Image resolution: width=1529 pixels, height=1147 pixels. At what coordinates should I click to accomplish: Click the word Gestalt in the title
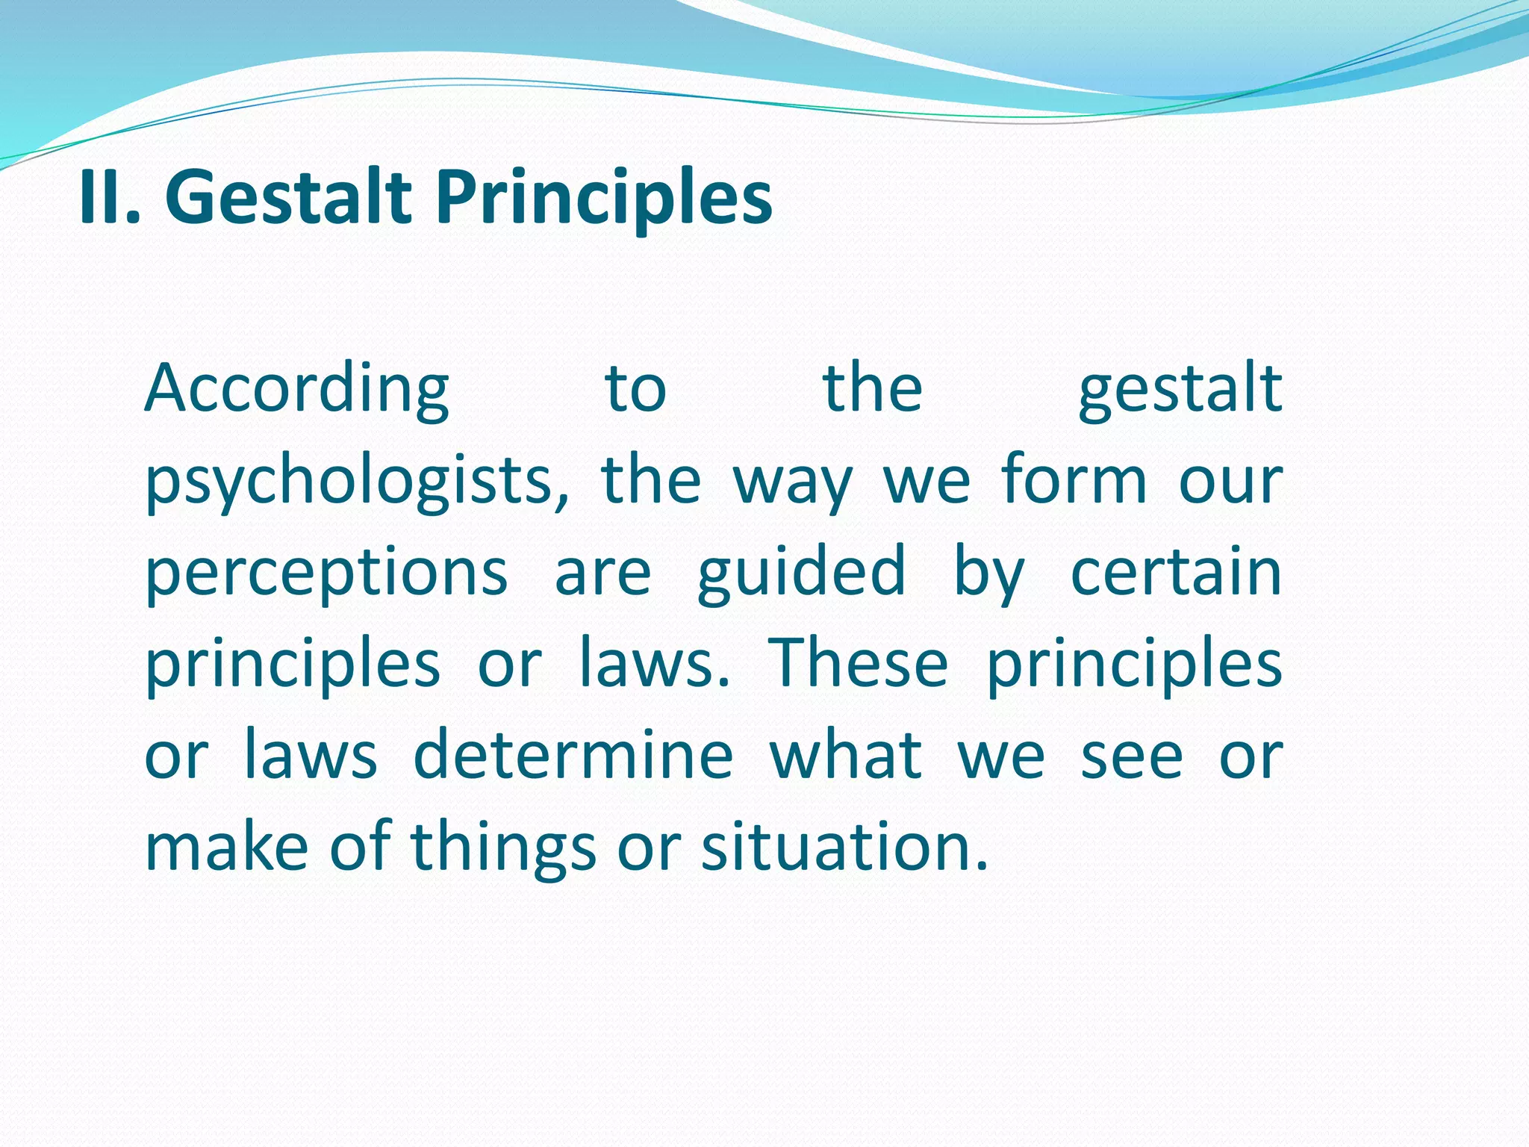point(288,197)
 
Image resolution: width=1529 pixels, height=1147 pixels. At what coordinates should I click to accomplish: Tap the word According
point(296,390)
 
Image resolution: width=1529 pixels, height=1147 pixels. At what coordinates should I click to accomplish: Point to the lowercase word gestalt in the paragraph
point(1180,390)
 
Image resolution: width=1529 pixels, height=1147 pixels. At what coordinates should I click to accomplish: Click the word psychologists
point(355,482)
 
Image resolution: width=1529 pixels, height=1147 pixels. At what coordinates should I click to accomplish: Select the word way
point(791,482)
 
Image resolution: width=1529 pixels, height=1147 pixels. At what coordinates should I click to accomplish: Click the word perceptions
point(326,573)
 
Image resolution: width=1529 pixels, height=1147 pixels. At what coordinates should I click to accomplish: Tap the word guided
point(802,573)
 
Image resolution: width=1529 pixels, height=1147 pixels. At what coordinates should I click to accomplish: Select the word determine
point(573,755)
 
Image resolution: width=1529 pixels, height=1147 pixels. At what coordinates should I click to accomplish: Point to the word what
point(845,755)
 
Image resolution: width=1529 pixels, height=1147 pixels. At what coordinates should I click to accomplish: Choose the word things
point(503,848)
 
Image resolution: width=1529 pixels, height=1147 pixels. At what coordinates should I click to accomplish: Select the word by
point(988,573)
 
